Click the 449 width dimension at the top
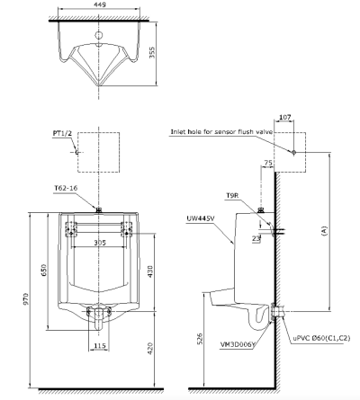click(100, 4)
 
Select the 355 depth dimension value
click(152, 52)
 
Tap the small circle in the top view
click(99, 35)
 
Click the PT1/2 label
click(62, 134)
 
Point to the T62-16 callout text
click(66, 188)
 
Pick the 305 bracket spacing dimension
click(100, 243)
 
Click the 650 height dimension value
click(44, 271)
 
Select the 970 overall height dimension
click(27, 299)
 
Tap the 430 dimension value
click(149, 271)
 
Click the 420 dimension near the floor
click(150, 349)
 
